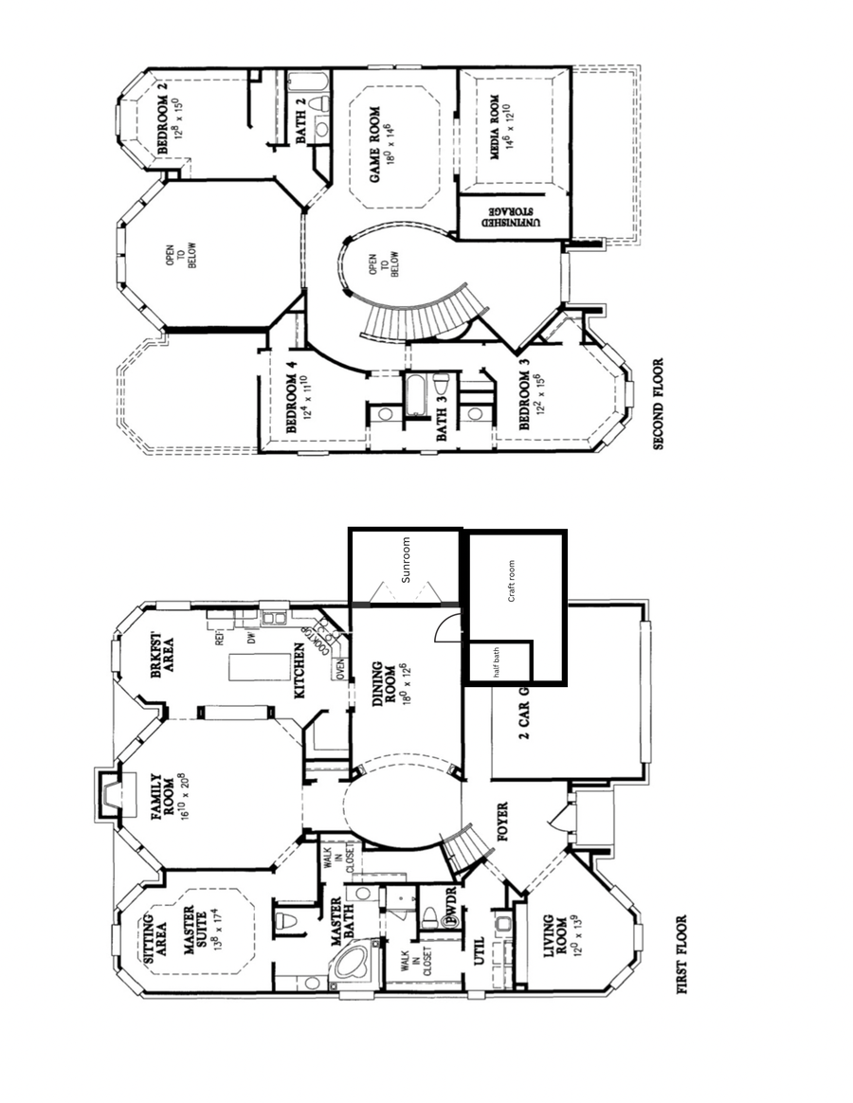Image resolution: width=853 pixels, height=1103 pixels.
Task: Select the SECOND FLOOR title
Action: (660, 403)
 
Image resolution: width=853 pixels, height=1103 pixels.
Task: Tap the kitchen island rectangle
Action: (247, 668)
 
